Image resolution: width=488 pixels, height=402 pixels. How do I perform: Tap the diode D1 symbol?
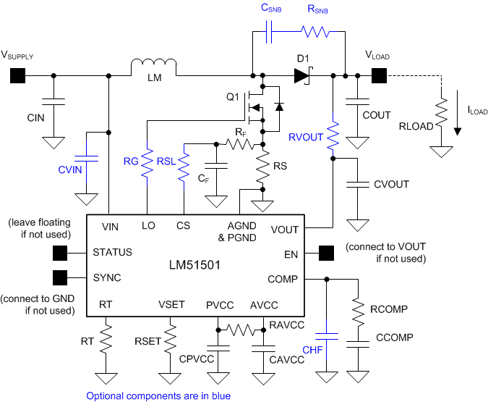tap(301, 74)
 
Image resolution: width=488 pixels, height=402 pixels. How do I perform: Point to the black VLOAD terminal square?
tap(379, 74)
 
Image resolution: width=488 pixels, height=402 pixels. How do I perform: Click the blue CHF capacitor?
tap(329, 335)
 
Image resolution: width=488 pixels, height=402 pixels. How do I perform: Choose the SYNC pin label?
tap(107, 278)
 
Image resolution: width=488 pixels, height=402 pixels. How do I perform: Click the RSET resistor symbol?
tap(171, 338)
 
